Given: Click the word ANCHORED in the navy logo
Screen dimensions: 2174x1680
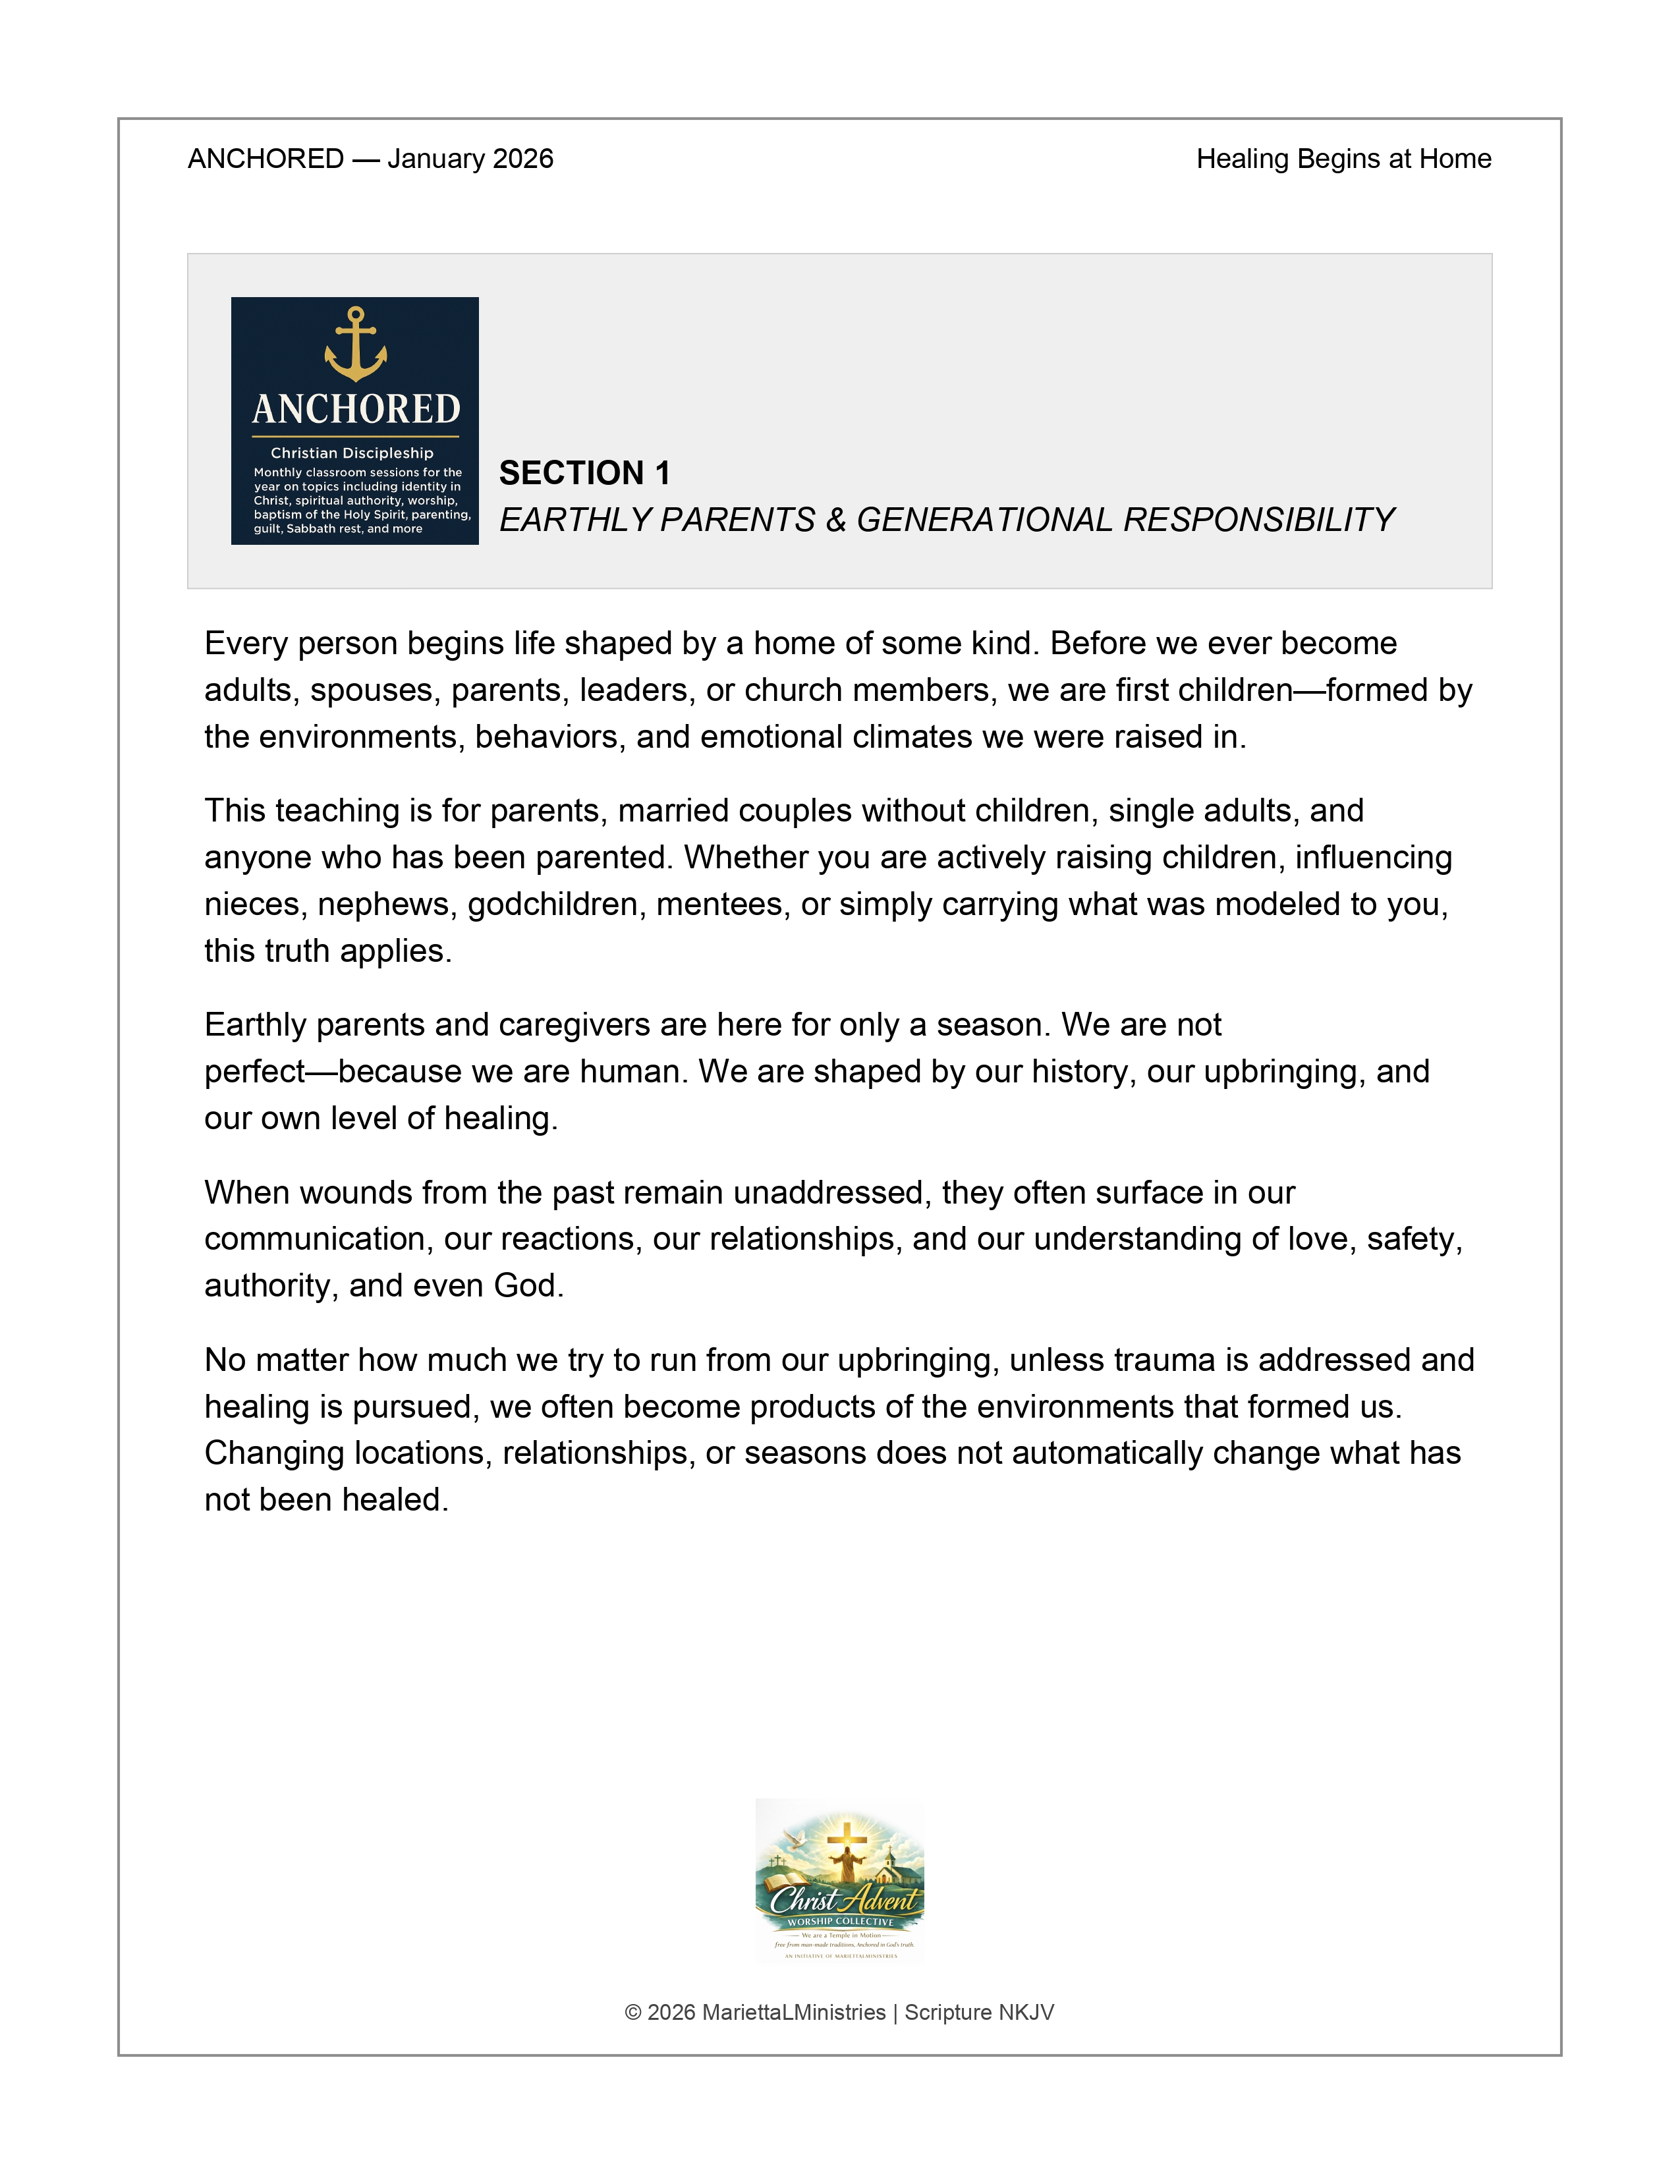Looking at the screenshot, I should tap(355, 409).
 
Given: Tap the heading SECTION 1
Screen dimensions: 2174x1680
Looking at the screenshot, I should tap(584, 473).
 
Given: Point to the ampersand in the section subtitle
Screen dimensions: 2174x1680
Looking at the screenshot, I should tap(835, 520).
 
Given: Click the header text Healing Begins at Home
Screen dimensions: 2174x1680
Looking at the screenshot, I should tap(1343, 159).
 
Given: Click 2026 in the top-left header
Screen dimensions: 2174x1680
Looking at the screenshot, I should tap(520, 159).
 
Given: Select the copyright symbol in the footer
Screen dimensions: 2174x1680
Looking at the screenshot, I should tap(633, 2013).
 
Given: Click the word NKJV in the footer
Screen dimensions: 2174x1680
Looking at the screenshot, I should tap(1025, 2013).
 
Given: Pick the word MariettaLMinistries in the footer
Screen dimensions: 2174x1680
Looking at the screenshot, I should tap(793, 2013).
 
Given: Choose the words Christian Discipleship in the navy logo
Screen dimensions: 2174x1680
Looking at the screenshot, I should tap(352, 453).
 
